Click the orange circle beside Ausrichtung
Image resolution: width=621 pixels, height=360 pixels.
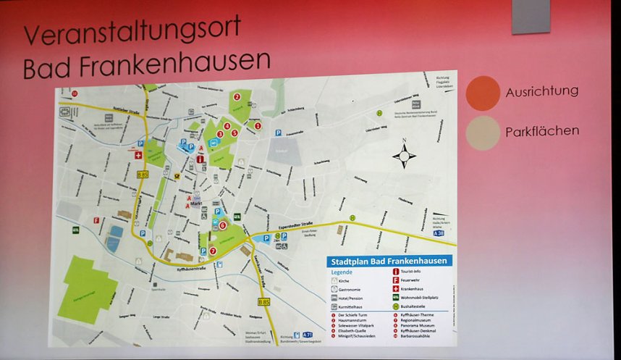pyautogui.click(x=483, y=93)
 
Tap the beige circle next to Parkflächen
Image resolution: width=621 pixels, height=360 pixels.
pyautogui.click(x=483, y=133)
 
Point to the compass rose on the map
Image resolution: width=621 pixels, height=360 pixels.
pyautogui.click(x=404, y=155)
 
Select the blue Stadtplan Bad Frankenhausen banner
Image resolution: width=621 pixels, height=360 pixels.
pyautogui.click(x=389, y=261)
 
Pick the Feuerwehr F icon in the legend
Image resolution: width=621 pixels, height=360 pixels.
pyautogui.click(x=396, y=280)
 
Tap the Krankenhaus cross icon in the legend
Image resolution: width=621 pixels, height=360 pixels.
pyautogui.click(x=396, y=289)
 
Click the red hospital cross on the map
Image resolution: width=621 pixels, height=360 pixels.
pyautogui.click(x=139, y=154)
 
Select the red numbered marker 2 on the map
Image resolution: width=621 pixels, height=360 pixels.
pyautogui.click(x=237, y=97)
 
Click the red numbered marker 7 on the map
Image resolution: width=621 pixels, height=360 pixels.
pyautogui.click(x=212, y=251)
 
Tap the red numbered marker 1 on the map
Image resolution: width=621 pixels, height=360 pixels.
pyautogui.click(x=258, y=124)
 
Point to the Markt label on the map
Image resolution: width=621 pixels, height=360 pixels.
pyautogui.click(x=196, y=204)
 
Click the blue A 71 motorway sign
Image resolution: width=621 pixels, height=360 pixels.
pyautogui.click(x=308, y=335)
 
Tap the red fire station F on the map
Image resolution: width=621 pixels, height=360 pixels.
pyautogui.click(x=96, y=219)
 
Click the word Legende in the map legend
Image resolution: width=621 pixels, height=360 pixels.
pyautogui.click(x=342, y=272)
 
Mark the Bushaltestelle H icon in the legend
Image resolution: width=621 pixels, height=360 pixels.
pyautogui.click(x=396, y=306)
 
